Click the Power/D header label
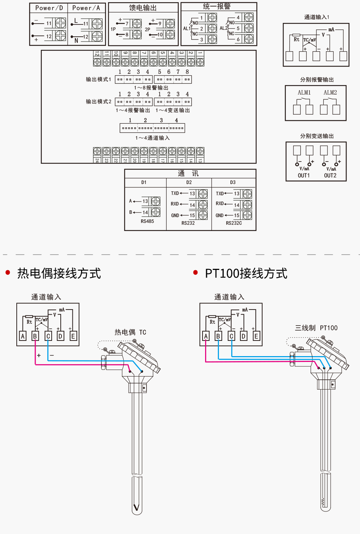point(49,8)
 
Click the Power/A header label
point(86,8)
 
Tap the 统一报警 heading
point(217,7)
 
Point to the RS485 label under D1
point(147,221)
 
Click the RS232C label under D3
point(234,223)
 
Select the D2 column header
point(189,182)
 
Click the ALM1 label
point(304,93)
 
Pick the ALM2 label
point(330,93)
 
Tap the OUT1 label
point(304,175)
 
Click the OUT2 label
point(330,175)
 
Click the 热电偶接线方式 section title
point(59,274)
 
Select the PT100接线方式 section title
point(246,274)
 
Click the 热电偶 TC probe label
point(131,332)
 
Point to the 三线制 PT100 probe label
point(316,328)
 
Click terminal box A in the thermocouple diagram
point(23,336)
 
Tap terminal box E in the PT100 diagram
point(256,336)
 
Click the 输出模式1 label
point(99,79)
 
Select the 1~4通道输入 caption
point(153,138)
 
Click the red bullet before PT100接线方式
point(196,272)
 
